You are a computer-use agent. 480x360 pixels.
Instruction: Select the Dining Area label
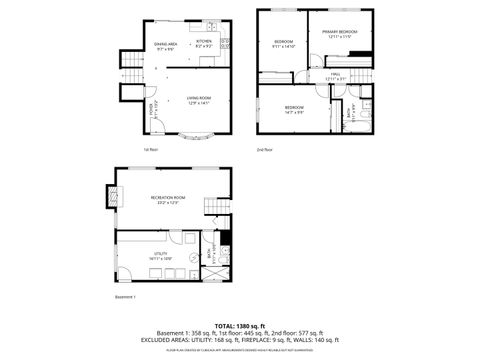click(x=165, y=45)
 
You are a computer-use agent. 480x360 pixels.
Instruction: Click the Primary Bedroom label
click(x=339, y=35)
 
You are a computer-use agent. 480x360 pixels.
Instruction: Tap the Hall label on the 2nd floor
click(x=336, y=76)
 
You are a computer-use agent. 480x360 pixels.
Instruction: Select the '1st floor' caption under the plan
click(x=150, y=150)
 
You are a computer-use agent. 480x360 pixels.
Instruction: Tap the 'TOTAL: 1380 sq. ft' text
click(x=240, y=324)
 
